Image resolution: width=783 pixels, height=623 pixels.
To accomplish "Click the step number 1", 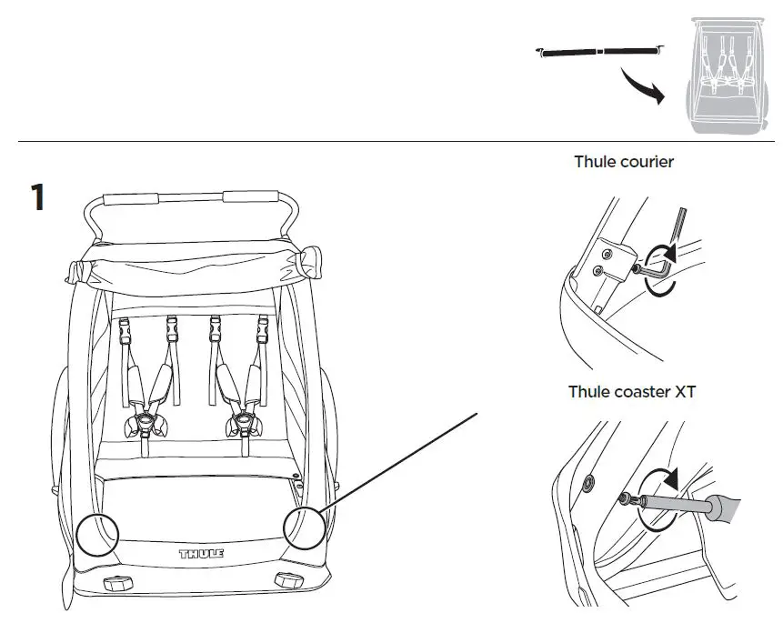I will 37,197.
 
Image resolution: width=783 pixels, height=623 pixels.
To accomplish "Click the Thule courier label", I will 623,162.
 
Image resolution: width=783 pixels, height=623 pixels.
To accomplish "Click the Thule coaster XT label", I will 632,392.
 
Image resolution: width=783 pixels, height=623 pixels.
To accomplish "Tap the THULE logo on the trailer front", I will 201,552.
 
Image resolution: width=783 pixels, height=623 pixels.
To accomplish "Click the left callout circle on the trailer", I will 97,531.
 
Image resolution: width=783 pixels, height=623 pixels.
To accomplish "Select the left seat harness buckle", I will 146,421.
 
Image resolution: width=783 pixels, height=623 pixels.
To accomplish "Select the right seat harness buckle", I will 243,421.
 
